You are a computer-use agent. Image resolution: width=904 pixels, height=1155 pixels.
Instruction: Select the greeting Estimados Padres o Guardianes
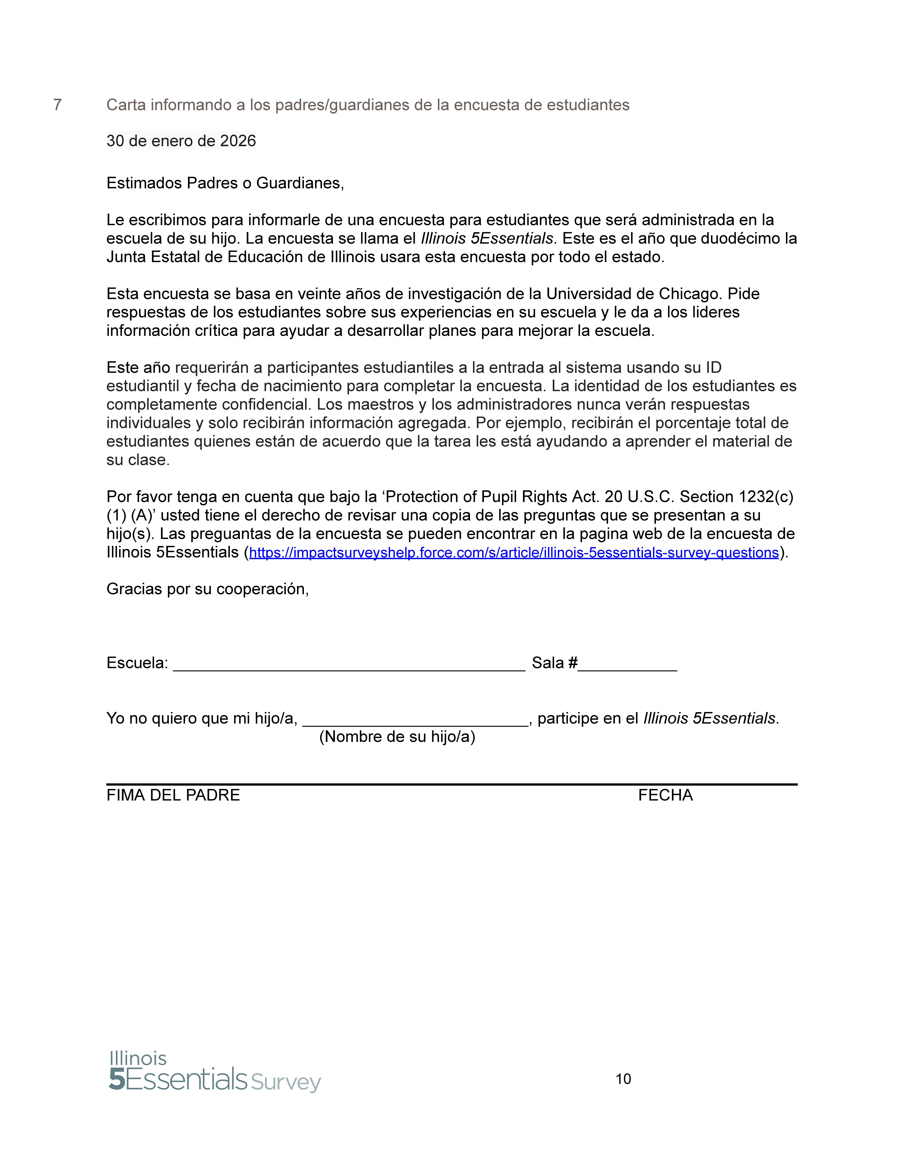click(x=225, y=183)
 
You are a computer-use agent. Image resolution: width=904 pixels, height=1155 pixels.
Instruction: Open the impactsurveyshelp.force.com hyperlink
click(x=513, y=553)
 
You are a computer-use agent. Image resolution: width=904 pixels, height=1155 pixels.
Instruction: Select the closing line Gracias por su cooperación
click(x=208, y=589)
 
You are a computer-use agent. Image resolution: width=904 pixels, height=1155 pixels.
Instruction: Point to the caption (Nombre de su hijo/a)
click(x=397, y=737)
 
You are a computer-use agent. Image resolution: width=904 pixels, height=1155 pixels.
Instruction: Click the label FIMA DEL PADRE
click(x=173, y=795)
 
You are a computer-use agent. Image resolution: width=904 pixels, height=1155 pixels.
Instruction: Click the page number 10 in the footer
click(x=623, y=1079)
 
